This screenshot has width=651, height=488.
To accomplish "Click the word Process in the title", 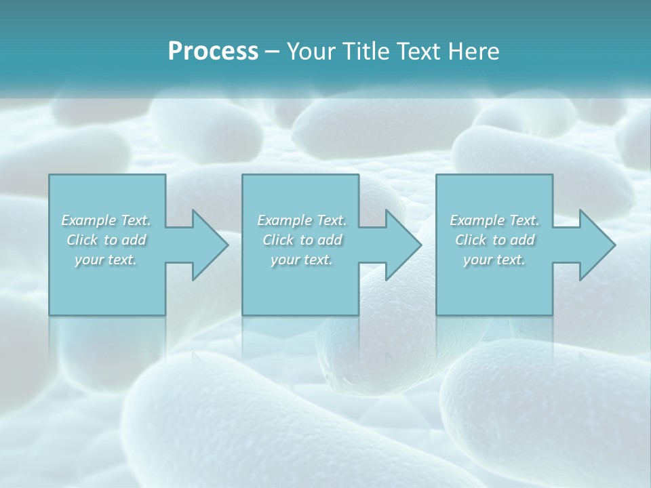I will coord(213,52).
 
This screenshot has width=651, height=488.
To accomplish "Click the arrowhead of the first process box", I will coord(210,245).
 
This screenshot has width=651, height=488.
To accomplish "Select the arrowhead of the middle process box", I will coord(403,245).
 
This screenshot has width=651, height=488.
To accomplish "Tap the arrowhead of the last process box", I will coord(597,245).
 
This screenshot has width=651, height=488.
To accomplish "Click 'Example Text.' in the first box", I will coord(106,220).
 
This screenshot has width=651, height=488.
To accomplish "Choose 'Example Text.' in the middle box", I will coord(302,220).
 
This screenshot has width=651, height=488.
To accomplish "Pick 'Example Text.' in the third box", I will coord(494,220).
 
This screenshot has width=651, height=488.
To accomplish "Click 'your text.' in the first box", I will coord(106,260).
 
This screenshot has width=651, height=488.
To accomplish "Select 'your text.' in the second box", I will coord(301,260).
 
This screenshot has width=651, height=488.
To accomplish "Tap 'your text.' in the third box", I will coord(494,260).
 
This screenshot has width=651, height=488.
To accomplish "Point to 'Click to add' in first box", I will coord(106,240).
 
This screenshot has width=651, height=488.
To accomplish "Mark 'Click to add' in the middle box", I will coord(302,240).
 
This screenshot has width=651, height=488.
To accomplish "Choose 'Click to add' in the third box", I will coord(494,240).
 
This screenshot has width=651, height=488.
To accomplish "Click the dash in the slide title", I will coord(272,52).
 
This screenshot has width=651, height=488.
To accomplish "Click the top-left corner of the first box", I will coord(50,176).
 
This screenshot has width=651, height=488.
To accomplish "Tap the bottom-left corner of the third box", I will coord(437,314).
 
